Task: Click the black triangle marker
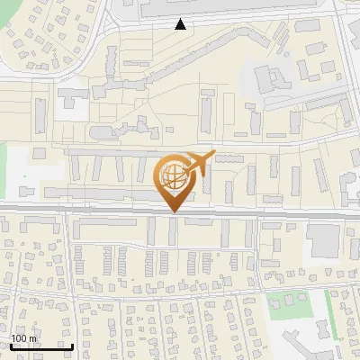181,24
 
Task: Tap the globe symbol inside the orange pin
173,176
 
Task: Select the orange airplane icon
200,163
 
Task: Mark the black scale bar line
41,346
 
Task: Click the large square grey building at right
322,238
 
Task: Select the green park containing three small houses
286,302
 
